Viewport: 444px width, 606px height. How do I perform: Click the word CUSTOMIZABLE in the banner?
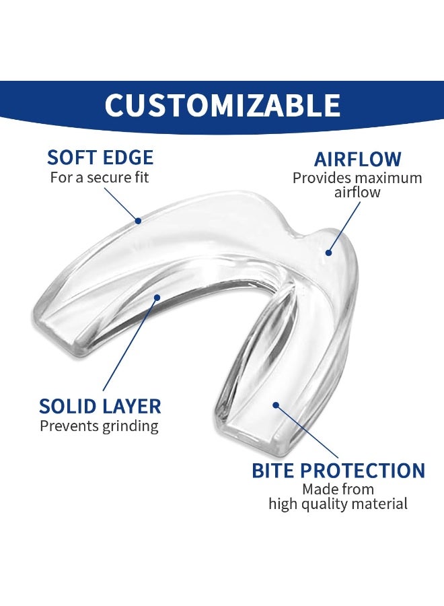coord(222,106)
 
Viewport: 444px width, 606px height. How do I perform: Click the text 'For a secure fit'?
coord(100,178)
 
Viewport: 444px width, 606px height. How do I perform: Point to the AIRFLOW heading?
coord(357,160)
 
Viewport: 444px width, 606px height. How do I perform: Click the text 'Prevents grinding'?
coord(99,426)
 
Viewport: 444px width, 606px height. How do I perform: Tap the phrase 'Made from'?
coord(338,490)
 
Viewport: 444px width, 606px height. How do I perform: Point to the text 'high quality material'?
coord(338,504)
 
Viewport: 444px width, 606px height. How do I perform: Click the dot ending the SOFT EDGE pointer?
coord(137,220)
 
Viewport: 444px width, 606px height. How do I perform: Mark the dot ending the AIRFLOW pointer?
coord(328,253)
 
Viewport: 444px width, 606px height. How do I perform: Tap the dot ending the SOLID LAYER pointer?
coord(156,296)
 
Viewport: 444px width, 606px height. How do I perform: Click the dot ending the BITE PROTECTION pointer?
coord(276,405)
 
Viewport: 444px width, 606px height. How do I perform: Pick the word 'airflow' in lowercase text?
coord(357,193)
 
